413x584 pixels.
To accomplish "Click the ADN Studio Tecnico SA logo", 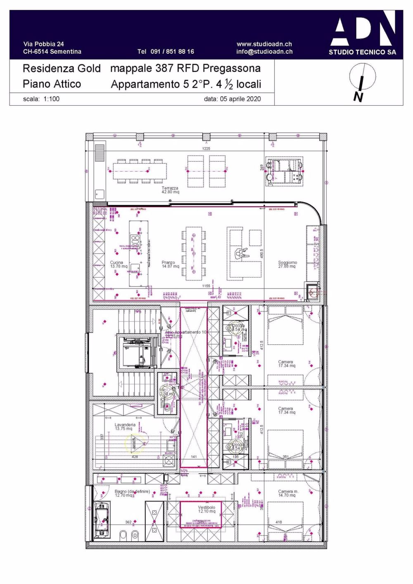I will coord(362,33).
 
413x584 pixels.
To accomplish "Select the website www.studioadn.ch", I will coord(264,44).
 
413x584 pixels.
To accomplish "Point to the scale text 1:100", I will coord(51,99).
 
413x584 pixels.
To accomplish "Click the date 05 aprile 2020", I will coord(240,99).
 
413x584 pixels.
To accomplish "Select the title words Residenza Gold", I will coord(62,68).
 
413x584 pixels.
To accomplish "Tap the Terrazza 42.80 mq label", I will coord(170,190).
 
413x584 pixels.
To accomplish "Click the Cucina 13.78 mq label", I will coord(118,264).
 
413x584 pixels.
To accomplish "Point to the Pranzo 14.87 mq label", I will coord(170,264).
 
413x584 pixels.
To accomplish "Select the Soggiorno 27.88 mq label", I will coord(287,264).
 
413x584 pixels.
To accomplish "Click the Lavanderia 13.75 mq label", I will coord(124,427).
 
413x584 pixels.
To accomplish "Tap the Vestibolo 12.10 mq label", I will coord(206,509).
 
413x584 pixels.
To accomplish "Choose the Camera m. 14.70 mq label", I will coord(287,493).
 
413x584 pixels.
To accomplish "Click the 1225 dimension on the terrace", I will coord(206,148).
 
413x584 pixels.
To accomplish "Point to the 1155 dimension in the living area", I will coord(206,286).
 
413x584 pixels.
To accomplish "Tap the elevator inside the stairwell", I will coord(138,352).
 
